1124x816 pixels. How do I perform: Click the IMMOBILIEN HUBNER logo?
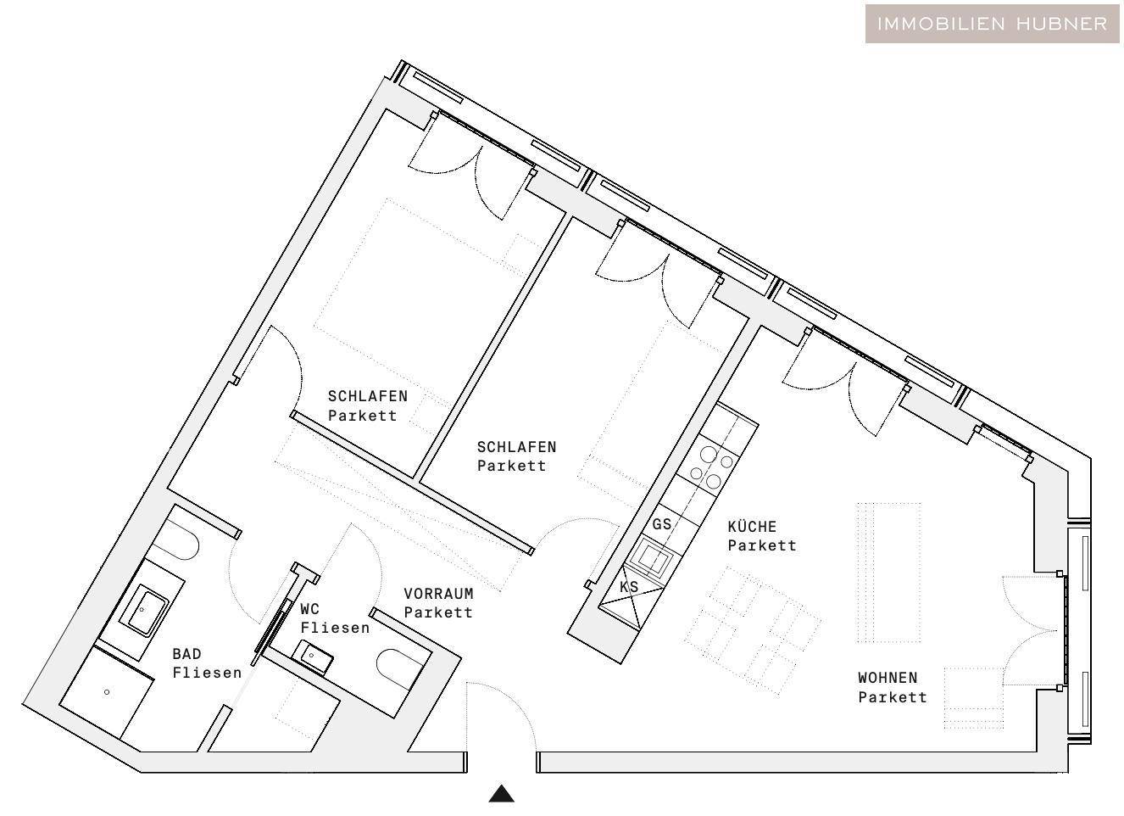(x=992, y=24)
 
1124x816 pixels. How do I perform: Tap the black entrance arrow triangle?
(x=502, y=794)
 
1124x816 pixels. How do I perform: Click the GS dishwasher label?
(x=662, y=524)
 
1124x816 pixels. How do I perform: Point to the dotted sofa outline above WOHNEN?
(x=888, y=572)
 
